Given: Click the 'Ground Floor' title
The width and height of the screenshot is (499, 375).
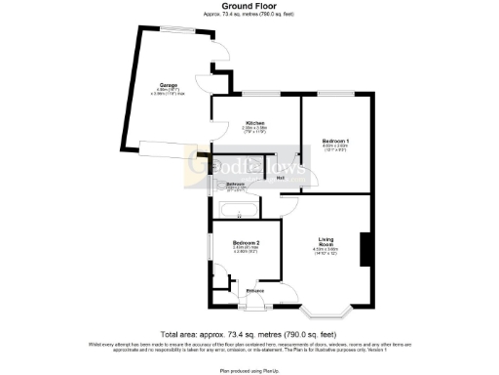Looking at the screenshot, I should tap(250, 6).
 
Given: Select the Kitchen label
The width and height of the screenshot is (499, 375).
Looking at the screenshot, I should tap(255, 122).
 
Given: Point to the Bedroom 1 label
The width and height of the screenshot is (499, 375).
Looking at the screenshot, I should tap(336, 142).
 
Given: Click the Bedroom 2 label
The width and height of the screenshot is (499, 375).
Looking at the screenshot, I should tap(245, 242).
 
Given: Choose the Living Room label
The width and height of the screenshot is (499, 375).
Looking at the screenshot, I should tap(326, 239).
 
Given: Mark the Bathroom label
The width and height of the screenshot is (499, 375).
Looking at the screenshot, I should tap(236, 184).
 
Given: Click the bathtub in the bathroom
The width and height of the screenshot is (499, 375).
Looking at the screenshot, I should tap(238, 208).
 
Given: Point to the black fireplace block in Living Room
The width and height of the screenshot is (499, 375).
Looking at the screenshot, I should tap(365, 248).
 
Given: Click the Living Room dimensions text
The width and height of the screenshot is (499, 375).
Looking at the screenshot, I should tap(326, 252).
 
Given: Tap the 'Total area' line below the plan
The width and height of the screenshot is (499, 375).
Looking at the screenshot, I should tap(249, 334).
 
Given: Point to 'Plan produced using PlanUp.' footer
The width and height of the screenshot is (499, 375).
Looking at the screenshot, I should tap(249, 369).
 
